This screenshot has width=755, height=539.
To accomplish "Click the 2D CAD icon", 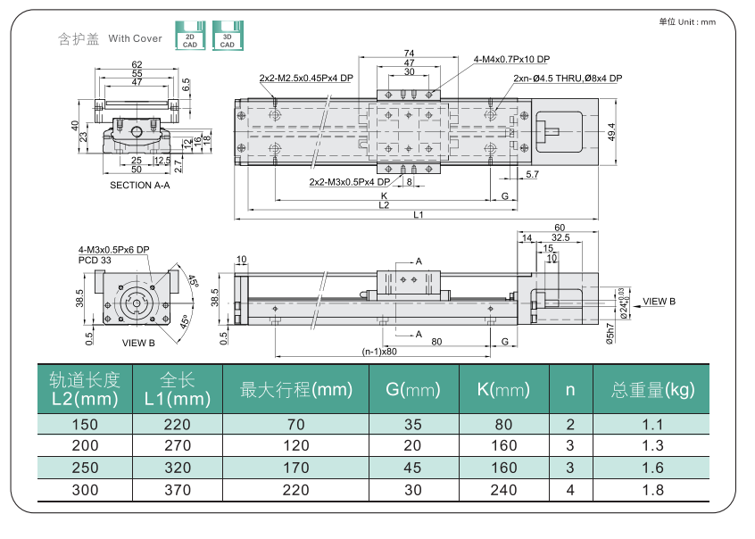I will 189,36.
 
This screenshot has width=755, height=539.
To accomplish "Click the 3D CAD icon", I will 228,36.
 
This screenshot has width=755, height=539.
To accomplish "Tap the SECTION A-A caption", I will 139,186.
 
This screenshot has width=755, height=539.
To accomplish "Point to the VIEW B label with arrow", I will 659,302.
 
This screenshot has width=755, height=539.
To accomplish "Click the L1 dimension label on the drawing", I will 418,214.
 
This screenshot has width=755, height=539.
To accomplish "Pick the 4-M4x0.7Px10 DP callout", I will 511,60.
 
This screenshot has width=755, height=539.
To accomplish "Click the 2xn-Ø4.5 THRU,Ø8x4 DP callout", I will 568,79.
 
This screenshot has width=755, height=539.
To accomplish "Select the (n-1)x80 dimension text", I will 379,352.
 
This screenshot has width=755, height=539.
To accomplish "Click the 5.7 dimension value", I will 532,174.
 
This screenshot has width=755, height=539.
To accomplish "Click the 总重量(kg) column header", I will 652,389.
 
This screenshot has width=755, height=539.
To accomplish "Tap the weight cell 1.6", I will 652,468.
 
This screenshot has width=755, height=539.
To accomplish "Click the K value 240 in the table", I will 503,490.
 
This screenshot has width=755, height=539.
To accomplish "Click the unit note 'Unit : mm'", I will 687,21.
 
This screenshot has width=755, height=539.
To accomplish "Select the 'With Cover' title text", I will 136,38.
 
